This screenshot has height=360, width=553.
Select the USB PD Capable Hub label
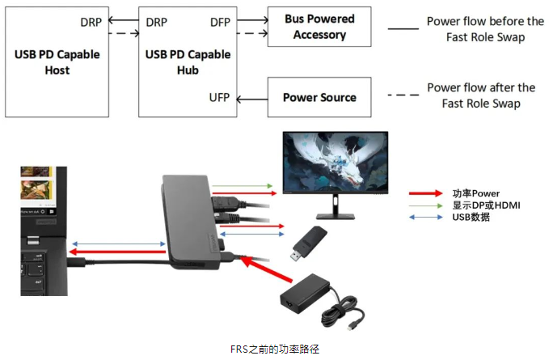(x=188, y=62)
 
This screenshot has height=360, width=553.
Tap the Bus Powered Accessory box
(x=319, y=28)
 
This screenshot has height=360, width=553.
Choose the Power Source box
(x=319, y=98)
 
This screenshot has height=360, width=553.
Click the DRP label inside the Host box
(x=91, y=22)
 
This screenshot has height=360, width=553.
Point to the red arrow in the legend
(x=428, y=194)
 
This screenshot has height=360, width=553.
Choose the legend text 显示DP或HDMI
(x=486, y=205)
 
